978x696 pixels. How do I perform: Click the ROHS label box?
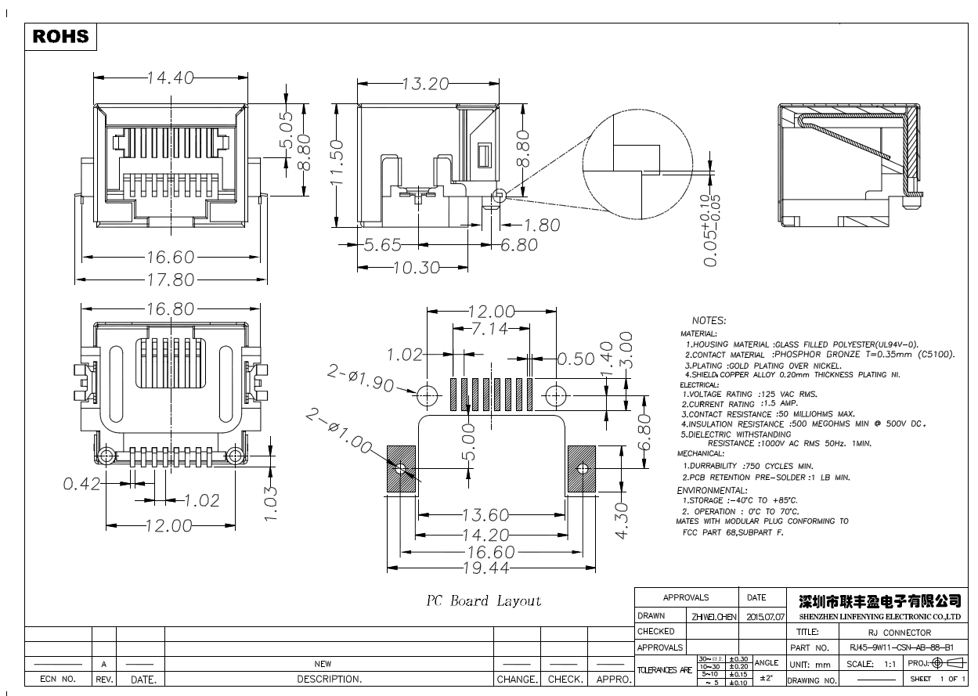[x=61, y=37]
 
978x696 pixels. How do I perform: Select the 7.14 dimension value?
[x=490, y=329]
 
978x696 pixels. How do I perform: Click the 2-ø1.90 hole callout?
[x=360, y=380]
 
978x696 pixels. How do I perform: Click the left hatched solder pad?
[x=401, y=469]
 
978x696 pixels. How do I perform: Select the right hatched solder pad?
[x=582, y=469]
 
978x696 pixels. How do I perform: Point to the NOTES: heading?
[x=709, y=321]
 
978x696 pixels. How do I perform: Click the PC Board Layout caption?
[x=483, y=601]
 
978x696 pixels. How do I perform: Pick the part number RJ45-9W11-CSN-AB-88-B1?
[x=900, y=648]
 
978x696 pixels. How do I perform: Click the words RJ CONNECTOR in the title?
[x=900, y=633]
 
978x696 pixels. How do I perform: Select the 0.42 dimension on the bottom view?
[x=81, y=484]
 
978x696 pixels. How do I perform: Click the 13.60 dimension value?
[x=485, y=515]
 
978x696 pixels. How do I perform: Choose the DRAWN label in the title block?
[x=651, y=616]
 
